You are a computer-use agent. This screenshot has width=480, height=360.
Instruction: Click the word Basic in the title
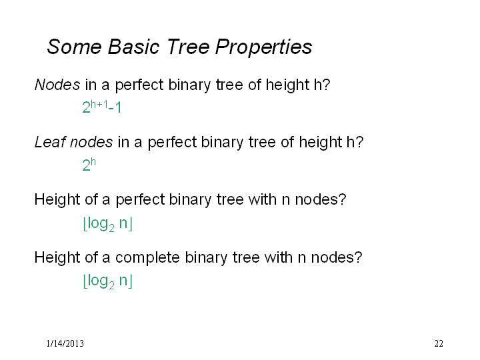[133, 47]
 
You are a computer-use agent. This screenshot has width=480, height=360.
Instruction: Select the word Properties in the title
[263, 47]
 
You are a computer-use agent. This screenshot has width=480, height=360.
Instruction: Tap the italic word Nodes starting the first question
[57, 85]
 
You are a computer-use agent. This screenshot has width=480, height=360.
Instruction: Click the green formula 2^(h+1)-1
[101, 107]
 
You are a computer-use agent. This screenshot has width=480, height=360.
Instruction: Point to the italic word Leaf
[50, 142]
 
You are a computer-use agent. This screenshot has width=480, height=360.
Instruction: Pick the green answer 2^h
[89, 165]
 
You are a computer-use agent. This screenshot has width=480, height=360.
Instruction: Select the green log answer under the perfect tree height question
[107, 224]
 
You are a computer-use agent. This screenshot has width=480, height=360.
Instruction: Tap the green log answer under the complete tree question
[107, 281]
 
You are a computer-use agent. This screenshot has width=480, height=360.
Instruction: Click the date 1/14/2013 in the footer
[65, 343]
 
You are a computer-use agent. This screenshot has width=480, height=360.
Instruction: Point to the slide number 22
[439, 343]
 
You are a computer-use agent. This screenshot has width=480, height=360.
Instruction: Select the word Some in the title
[74, 47]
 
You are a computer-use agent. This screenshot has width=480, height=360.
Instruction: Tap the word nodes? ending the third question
[321, 199]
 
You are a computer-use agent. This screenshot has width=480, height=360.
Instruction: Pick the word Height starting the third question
[57, 199]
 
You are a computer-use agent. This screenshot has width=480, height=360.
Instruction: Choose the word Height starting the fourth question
[57, 257]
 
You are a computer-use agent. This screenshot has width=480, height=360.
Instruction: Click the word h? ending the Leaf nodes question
[355, 142]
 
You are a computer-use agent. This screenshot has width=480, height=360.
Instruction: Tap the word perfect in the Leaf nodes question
[173, 143]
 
